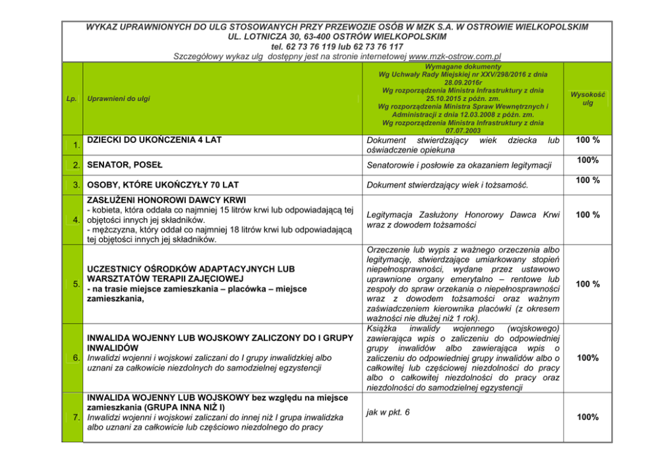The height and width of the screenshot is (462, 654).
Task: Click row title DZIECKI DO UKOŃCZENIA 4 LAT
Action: pyautogui.click(x=155, y=140)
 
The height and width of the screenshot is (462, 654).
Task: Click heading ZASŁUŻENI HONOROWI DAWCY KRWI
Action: pyautogui.click(x=166, y=200)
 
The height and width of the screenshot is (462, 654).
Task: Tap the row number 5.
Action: pyautogui.click(x=77, y=285)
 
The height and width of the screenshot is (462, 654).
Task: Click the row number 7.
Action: pyautogui.click(x=77, y=418)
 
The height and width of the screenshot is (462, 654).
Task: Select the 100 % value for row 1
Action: pyautogui.click(x=587, y=140)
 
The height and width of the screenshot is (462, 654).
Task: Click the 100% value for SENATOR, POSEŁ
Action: pyautogui.click(x=587, y=160)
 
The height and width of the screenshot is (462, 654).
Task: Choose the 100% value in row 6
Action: pyautogui.click(x=587, y=358)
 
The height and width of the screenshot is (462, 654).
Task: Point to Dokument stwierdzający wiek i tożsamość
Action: pyautogui.click(x=448, y=185)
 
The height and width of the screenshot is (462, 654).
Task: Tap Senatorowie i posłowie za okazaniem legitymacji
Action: pyautogui.click(x=459, y=164)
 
